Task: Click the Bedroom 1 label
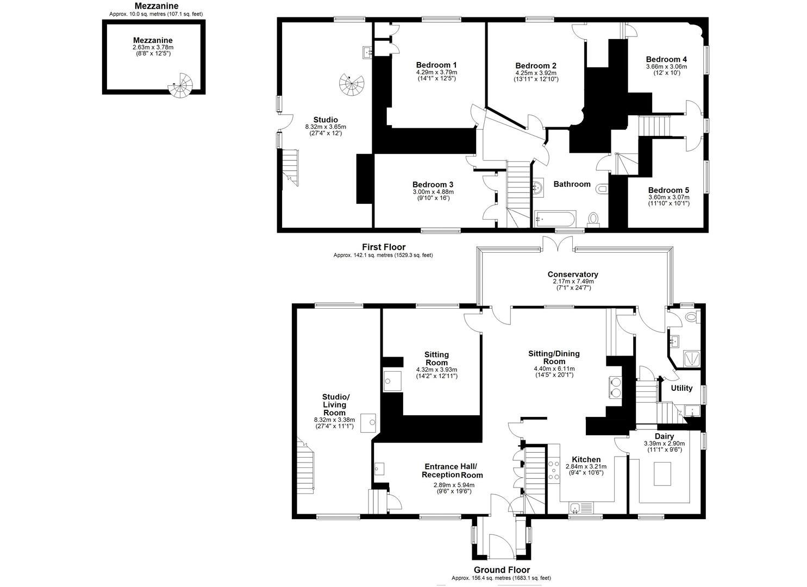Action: point(436,65)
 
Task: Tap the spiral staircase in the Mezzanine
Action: point(181,85)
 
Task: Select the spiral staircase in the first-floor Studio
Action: point(352,84)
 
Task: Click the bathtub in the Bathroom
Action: point(555,218)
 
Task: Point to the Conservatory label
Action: point(573,274)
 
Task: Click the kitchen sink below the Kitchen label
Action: point(581,508)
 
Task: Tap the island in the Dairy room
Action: point(661,473)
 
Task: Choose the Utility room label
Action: point(681,388)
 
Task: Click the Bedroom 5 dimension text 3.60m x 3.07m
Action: point(669,197)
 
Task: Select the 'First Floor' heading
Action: point(384,247)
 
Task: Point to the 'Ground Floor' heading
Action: point(502,570)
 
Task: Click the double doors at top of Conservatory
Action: point(558,243)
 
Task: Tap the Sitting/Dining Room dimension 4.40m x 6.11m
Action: point(554,369)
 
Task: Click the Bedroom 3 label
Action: point(433,185)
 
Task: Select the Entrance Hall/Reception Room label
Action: point(452,471)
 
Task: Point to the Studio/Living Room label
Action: point(335,405)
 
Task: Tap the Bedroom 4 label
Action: point(666,59)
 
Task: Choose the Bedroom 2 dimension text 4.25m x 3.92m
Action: point(536,73)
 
